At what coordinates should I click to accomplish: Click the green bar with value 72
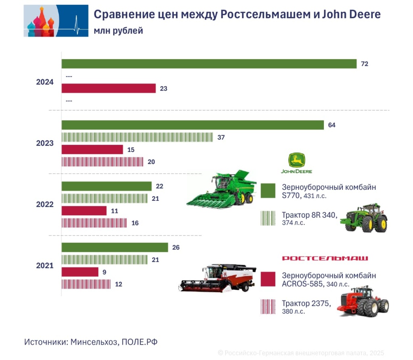tap(209, 64)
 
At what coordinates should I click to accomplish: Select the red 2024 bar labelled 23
tap(108, 88)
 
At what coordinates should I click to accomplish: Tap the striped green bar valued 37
tap(137, 137)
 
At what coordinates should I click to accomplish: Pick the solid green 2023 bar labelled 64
tap(192, 125)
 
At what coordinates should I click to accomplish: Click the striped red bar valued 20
tap(102, 162)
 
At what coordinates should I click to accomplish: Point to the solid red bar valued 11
tap(84, 211)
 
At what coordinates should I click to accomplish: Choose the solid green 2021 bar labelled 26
tap(115, 247)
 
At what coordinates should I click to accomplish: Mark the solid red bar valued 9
tap(80, 272)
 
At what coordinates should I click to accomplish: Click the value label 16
tap(136, 223)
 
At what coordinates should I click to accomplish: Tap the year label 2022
tap(45, 204)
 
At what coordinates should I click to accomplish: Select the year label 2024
tap(45, 82)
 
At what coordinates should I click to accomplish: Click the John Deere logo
tap(296, 163)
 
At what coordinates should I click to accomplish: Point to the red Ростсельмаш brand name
tap(325, 258)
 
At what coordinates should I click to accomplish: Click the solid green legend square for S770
tap(268, 191)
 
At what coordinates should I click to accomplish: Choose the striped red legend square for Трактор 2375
tap(268, 307)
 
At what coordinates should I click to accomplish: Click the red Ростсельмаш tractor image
tap(363, 301)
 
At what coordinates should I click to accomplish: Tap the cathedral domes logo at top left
tap(56, 21)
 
